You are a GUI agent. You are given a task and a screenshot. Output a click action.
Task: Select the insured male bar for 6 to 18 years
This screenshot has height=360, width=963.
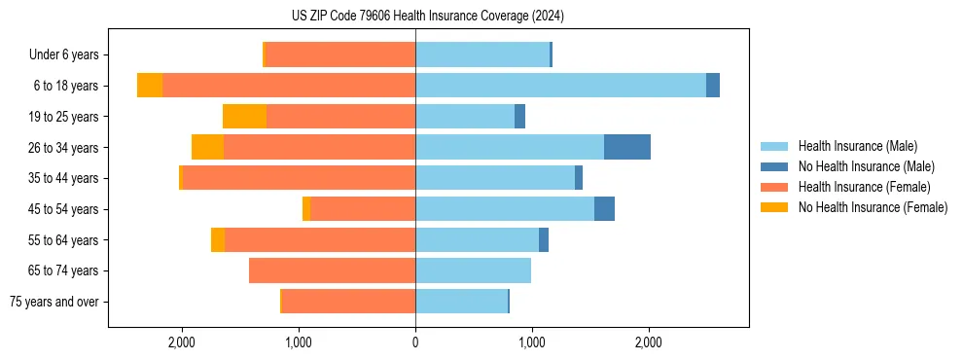(560, 86)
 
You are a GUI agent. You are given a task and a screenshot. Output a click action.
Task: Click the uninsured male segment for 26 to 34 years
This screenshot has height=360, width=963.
(626, 147)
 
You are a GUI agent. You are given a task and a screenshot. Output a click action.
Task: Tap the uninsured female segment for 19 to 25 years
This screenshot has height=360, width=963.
(244, 117)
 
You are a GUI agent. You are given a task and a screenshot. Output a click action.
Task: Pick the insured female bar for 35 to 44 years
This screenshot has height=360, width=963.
(299, 178)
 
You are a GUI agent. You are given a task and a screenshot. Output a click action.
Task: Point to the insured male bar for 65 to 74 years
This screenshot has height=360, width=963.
(473, 270)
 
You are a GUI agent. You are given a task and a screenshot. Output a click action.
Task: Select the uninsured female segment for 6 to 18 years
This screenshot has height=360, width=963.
(150, 86)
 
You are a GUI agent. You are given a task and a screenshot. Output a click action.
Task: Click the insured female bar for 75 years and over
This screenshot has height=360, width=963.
(348, 302)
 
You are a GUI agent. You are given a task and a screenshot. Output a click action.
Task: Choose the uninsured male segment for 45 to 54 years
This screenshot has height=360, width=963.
(604, 209)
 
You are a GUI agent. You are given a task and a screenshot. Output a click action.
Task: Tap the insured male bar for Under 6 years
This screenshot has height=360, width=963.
(482, 54)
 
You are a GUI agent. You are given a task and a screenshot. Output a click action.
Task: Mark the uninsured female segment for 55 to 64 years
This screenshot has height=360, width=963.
(218, 240)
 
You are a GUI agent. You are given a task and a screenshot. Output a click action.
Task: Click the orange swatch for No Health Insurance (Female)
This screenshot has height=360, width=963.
(775, 207)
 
